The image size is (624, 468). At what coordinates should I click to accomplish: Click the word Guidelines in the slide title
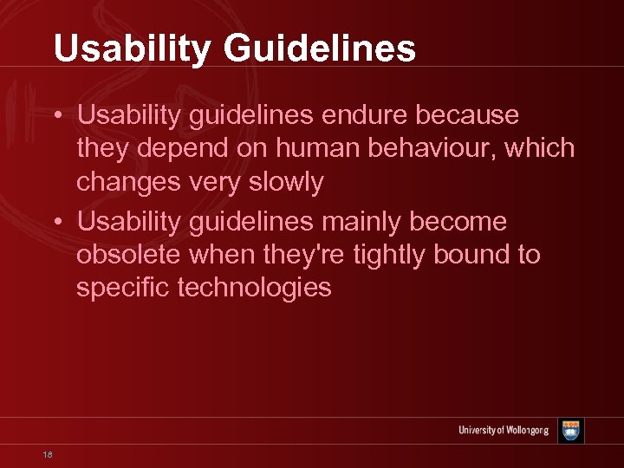click(320, 49)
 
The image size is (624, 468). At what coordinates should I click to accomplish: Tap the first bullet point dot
click(57, 116)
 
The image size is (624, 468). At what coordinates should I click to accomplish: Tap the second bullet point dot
click(57, 223)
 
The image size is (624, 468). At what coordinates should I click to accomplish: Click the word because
click(469, 115)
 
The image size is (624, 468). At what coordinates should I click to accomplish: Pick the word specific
click(122, 289)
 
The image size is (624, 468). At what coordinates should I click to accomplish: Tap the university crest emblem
click(570, 430)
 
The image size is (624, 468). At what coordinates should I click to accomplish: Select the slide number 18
click(47, 454)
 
